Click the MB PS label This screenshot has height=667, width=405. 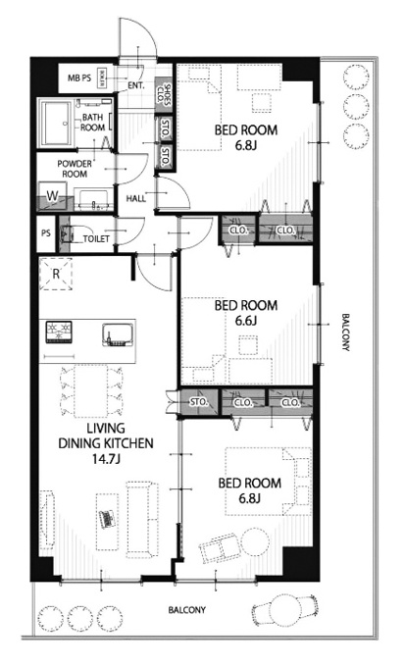(x=79, y=78)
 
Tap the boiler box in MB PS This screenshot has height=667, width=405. (x=102, y=78)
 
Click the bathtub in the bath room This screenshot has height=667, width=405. (x=57, y=123)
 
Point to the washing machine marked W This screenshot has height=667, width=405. (x=52, y=196)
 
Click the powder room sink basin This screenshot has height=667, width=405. (x=94, y=199)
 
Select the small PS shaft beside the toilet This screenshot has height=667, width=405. (x=46, y=233)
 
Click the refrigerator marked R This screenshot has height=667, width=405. (x=56, y=274)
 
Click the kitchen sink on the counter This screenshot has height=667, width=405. (x=118, y=334)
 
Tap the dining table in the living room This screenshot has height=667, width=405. (x=90, y=391)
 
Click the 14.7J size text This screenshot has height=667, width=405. (x=105, y=459)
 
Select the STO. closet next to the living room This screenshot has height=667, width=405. (x=199, y=401)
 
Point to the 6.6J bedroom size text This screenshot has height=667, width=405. (x=245, y=321)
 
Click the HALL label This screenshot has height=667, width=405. (x=136, y=198)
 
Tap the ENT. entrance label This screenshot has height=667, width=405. (x=136, y=86)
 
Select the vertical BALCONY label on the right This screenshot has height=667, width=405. (x=345, y=333)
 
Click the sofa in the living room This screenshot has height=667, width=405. (x=142, y=520)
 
